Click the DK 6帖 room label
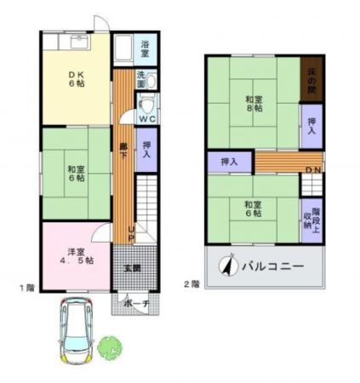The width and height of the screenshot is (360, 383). tap(76, 80)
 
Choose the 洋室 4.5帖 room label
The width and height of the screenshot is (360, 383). tap(76, 255)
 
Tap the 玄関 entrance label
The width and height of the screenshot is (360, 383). tap(133, 269)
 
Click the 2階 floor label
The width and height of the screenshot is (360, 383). tap(191, 283)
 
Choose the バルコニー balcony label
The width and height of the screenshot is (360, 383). tap(274, 266)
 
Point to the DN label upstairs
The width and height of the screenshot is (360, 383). tap(313, 169)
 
